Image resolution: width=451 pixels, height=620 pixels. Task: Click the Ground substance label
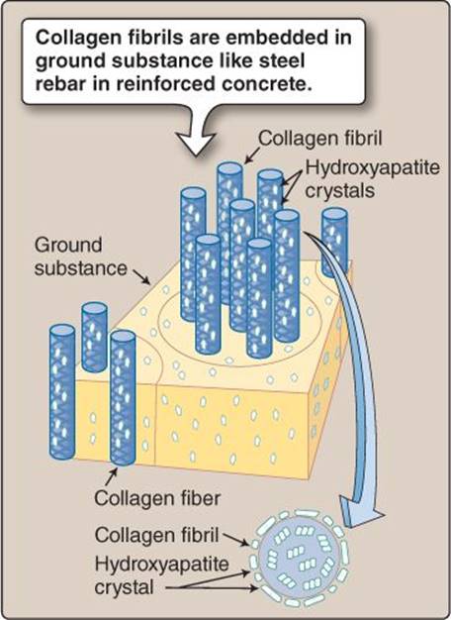[x=80, y=257]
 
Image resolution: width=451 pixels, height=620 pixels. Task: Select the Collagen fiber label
[x=157, y=498]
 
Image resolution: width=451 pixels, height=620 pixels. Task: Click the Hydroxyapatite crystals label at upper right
[x=373, y=179]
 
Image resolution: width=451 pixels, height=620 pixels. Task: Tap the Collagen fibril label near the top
[x=319, y=139]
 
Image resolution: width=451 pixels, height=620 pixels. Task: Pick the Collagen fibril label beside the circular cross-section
[x=156, y=536]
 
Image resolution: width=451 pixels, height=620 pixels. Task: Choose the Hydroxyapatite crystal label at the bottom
[x=161, y=575]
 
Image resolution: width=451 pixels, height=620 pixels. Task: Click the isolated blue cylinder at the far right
[x=334, y=243]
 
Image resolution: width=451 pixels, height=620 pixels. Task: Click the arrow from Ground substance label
[x=141, y=276]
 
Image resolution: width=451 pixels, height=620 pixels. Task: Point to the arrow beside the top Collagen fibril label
[x=252, y=155]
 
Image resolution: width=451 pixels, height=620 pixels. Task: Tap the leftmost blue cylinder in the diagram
[x=62, y=392]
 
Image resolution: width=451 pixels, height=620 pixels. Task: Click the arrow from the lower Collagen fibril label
[x=235, y=540]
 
